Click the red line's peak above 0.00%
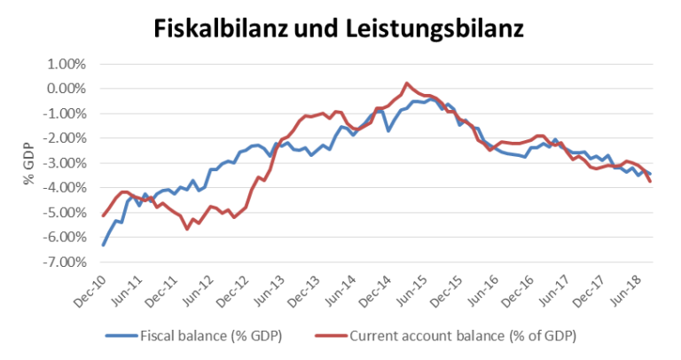[407, 83]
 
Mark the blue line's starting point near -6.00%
[104, 245]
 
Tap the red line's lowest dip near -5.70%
[187, 229]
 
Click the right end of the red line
[651, 182]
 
